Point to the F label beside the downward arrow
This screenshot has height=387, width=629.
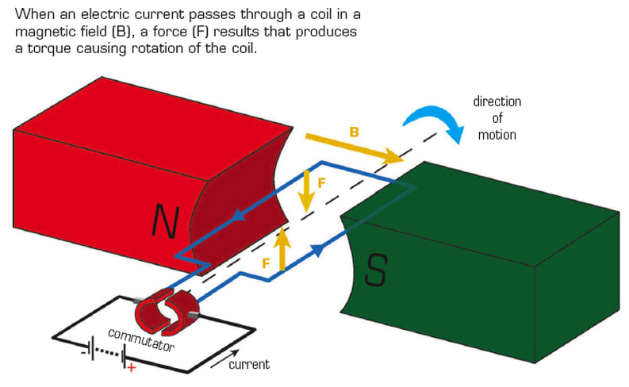[x=322, y=182]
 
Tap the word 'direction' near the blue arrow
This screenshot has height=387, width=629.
[x=497, y=102]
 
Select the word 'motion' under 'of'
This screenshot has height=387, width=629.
[x=497, y=134]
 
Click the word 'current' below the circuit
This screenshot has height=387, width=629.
[x=249, y=365]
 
